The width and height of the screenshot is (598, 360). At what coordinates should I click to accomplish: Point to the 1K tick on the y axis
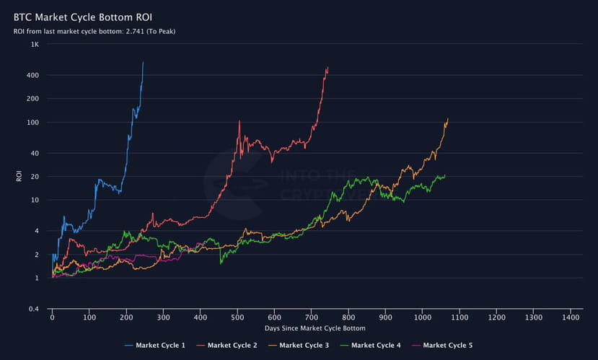(35, 45)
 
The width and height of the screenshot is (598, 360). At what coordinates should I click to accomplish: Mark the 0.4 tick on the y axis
(34, 309)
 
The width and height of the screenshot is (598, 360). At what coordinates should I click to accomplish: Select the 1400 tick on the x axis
(571, 317)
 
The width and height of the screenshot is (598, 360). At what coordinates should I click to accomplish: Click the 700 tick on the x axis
(311, 317)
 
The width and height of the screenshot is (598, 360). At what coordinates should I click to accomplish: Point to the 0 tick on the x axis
(52, 317)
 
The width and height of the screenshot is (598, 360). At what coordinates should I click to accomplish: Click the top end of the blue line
(143, 62)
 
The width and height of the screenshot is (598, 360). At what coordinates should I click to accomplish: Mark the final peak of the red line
(327, 68)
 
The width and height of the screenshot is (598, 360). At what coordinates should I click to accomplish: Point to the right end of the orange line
(448, 118)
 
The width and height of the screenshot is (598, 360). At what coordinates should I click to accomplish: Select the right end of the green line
(445, 175)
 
